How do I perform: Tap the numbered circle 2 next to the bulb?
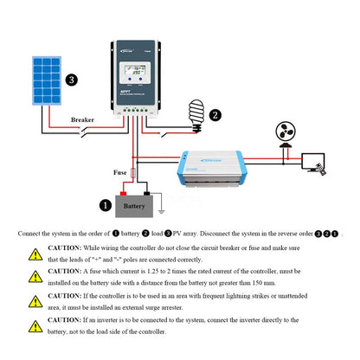pyautogui.click(x=215, y=114)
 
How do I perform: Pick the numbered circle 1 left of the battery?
pyautogui.click(x=106, y=206)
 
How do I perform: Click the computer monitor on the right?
pyautogui.click(x=333, y=163)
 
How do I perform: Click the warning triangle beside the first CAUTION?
pyautogui.click(x=35, y=254)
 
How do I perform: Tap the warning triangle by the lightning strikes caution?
pyautogui.click(x=35, y=301)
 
